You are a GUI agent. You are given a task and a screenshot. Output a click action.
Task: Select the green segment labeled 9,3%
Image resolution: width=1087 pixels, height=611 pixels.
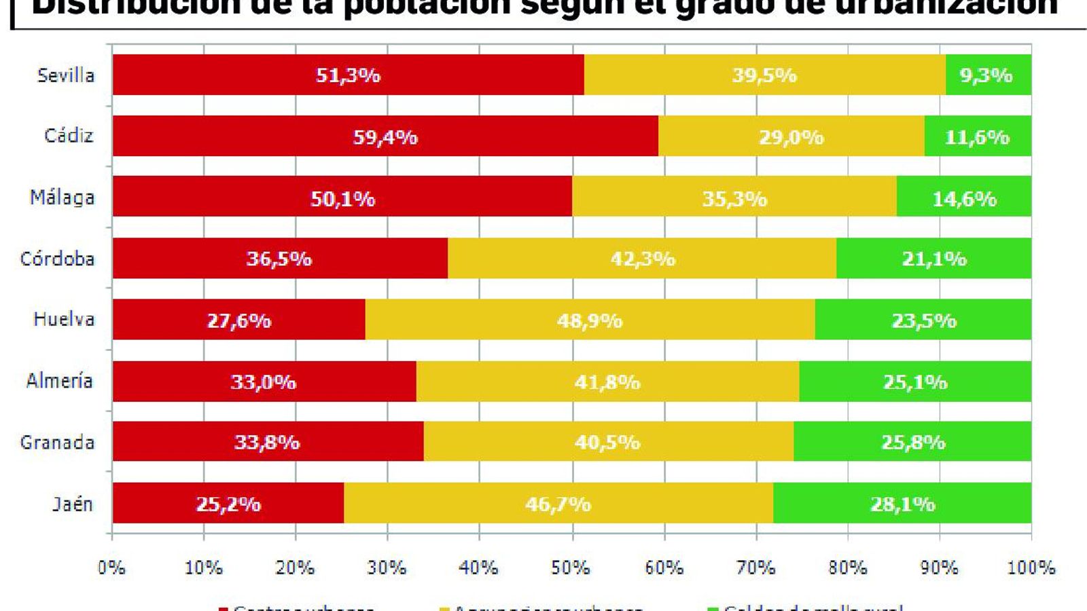988,75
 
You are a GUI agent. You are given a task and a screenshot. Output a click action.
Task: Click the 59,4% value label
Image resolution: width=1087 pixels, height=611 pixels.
385,137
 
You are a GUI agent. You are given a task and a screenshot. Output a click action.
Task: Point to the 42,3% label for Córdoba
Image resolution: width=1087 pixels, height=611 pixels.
643,259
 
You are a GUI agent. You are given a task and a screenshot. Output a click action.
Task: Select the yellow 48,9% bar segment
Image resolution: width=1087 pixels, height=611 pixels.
590,320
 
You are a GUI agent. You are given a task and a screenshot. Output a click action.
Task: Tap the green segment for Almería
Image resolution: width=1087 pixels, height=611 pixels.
914,382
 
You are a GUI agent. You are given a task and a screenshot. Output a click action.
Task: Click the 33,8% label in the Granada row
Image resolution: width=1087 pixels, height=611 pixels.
266,443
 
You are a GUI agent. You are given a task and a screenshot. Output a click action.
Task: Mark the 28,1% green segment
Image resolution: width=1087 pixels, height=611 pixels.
902,504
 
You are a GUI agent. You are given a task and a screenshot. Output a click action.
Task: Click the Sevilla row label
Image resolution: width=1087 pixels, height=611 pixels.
65,75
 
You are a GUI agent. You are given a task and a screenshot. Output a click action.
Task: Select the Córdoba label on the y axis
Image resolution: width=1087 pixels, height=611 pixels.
57,259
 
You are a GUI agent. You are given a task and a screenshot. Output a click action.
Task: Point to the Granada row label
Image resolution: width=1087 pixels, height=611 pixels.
57,443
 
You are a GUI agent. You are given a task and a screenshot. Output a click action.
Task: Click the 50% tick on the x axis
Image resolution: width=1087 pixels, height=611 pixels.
571,568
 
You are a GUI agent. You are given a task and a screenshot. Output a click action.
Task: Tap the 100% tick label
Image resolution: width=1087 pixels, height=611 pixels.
1031,568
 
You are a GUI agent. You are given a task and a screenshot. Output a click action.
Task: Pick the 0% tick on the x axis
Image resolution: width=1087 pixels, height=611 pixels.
111,568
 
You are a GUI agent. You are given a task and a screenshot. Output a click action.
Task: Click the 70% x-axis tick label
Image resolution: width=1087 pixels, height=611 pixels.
755,568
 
